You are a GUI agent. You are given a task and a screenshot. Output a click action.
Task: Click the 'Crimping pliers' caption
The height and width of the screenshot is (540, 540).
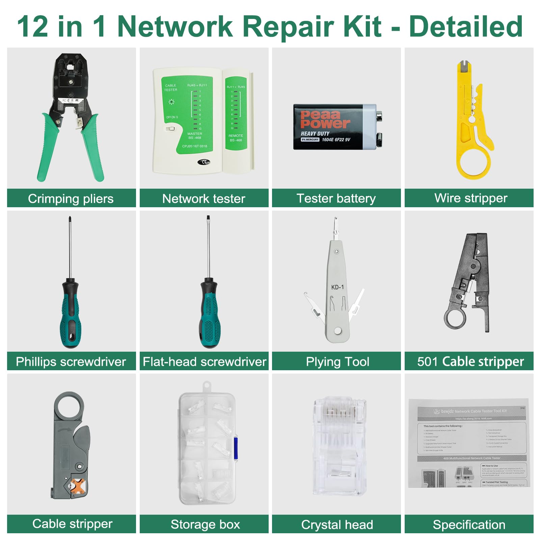[71, 198]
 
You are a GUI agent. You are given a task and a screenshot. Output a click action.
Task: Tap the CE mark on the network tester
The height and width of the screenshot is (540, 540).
[204, 162]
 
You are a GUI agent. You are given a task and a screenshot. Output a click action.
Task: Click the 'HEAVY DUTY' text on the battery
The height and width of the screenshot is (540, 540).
[315, 134]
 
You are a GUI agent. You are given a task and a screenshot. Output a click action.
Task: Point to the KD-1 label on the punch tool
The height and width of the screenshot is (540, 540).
[337, 287]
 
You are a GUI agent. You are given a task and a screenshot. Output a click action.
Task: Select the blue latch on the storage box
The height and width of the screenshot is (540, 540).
[236, 448]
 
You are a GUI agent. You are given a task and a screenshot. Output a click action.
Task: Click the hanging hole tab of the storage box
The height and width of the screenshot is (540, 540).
[207, 386]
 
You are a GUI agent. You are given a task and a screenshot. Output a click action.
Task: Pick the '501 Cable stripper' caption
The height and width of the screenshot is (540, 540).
[470, 361]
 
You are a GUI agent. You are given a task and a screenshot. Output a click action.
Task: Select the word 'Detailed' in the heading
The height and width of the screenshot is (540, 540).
[466, 27]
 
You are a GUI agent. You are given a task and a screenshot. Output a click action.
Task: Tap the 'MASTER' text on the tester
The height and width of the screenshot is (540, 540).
[195, 134]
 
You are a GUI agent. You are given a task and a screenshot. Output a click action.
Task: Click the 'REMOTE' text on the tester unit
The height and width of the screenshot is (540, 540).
[236, 136]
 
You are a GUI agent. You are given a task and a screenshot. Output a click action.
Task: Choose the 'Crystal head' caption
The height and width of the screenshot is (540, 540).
[337, 525]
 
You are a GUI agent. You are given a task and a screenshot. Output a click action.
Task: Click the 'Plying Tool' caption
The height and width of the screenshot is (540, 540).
[337, 362]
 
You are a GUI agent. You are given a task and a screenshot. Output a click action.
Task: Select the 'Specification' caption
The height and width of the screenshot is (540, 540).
[469, 525]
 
